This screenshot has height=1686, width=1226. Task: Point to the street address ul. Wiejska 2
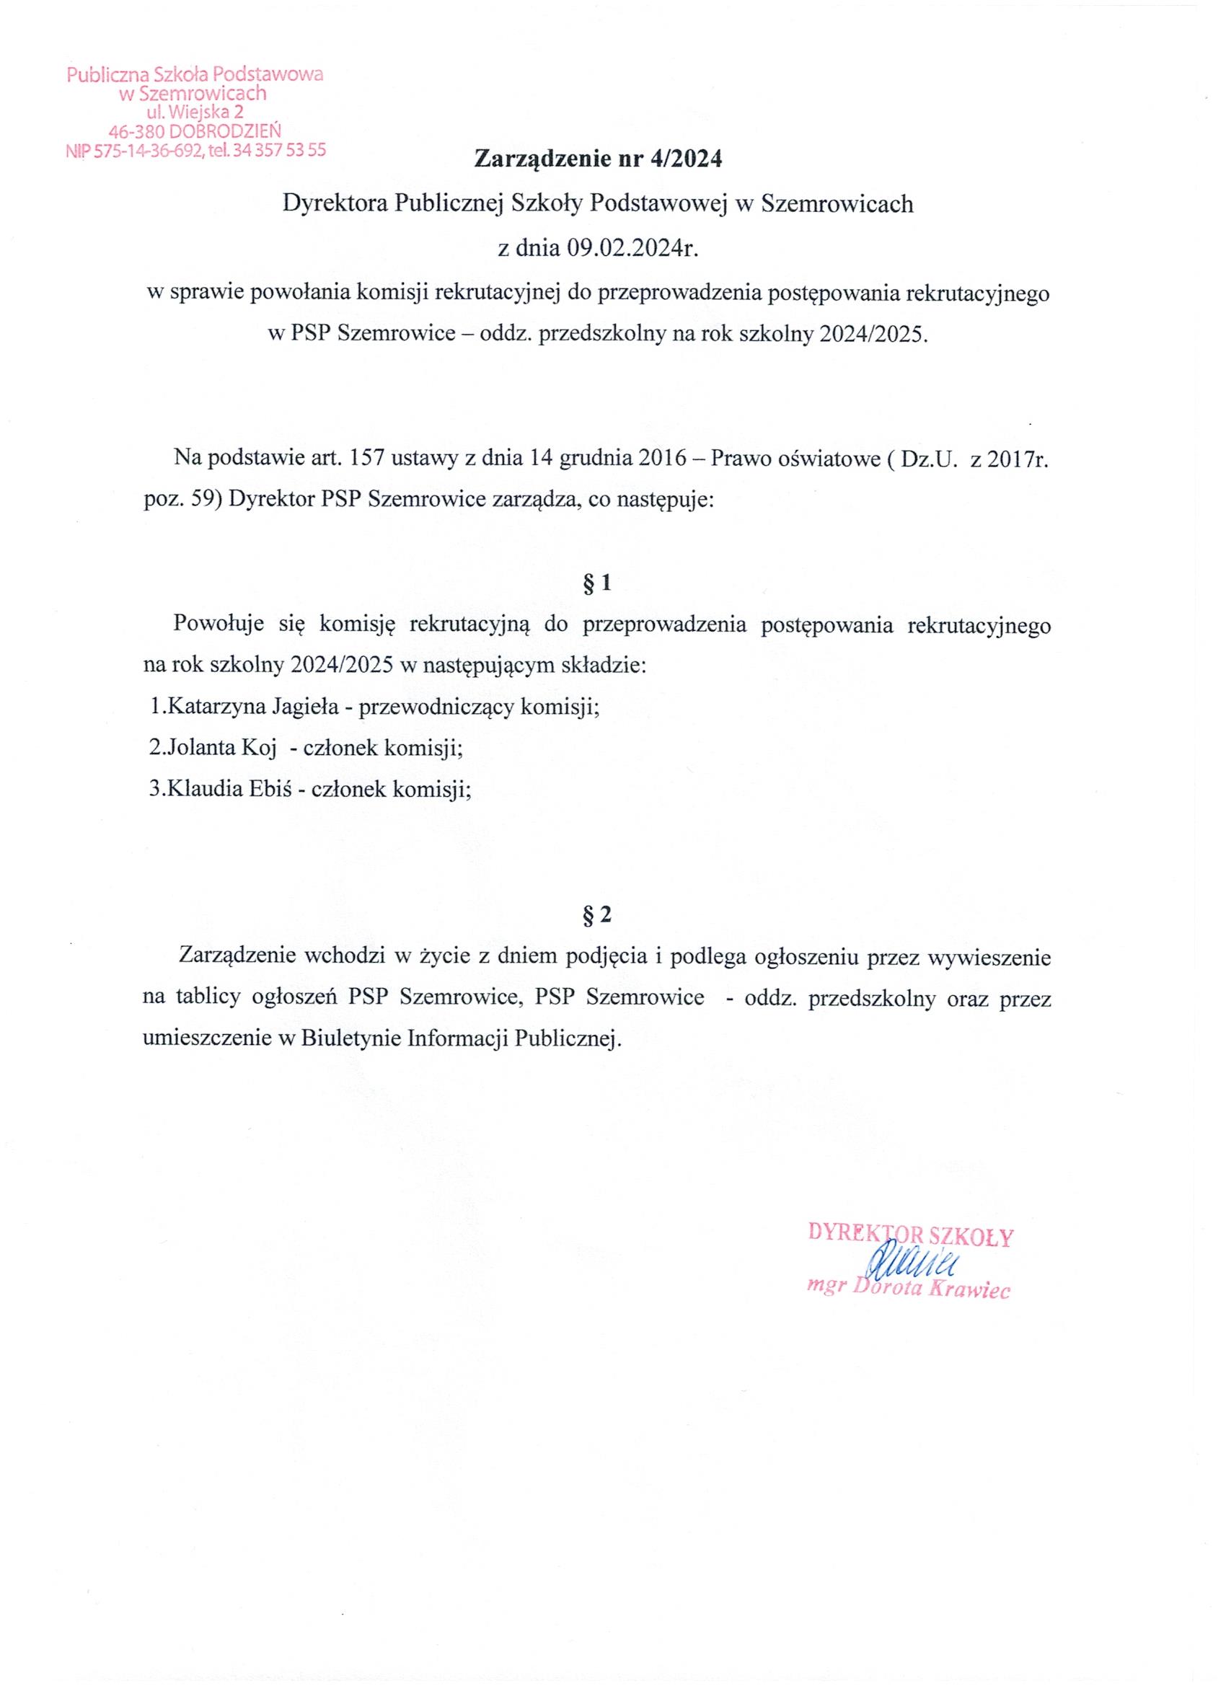click(x=195, y=113)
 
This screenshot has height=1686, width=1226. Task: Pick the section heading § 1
click(x=598, y=584)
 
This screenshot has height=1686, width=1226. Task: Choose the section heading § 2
click(x=598, y=916)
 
